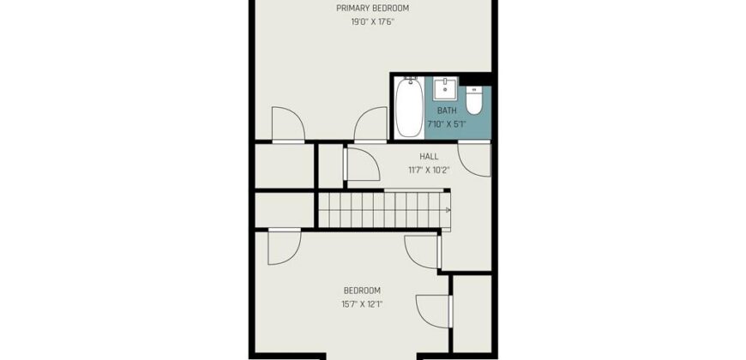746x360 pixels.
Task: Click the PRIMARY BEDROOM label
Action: click(372, 9)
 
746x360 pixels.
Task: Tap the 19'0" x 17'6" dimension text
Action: click(372, 22)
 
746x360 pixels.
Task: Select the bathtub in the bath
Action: click(406, 109)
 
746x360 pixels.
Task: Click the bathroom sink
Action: click(446, 88)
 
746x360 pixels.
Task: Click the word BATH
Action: click(447, 111)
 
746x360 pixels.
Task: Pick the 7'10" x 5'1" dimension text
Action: click(447, 123)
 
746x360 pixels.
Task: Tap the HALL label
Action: click(429, 156)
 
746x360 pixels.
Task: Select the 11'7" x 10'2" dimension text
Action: click(429, 169)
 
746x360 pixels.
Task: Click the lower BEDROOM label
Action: click(362, 291)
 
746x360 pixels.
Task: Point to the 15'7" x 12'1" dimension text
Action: click(362, 303)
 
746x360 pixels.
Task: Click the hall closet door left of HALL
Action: click(360, 163)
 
